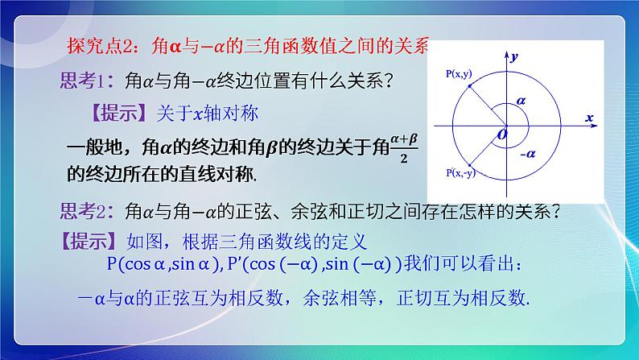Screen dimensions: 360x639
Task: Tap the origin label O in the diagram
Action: click(x=501, y=134)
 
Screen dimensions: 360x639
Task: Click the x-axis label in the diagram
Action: click(x=589, y=118)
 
